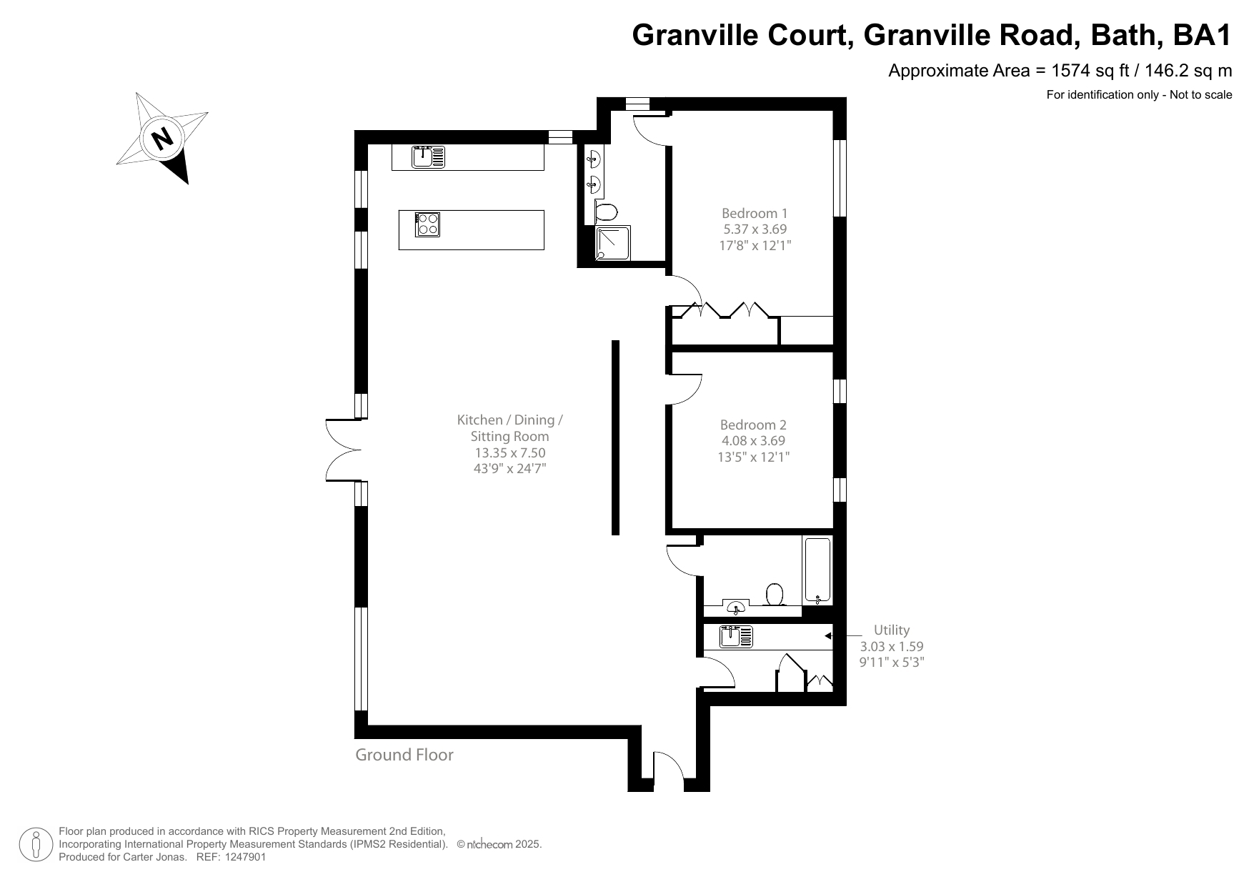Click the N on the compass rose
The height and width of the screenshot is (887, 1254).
pyautogui.click(x=164, y=137)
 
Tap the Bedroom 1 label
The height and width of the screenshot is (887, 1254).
pyautogui.click(x=754, y=213)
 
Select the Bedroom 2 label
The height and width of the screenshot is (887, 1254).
pyautogui.click(x=752, y=425)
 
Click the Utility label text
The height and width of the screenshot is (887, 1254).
pyautogui.click(x=891, y=630)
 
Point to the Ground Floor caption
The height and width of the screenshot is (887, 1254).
pyautogui.click(x=404, y=755)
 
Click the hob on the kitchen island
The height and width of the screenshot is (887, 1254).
pyautogui.click(x=428, y=224)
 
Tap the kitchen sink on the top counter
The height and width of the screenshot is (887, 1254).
pyautogui.click(x=428, y=157)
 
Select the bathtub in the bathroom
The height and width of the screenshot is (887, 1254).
pyautogui.click(x=817, y=570)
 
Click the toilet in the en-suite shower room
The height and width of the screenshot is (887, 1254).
pyautogui.click(x=607, y=212)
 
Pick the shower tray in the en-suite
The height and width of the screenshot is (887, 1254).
pyautogui.click(x=613, y=243)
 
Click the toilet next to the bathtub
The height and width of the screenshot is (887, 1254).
pyautogui.click(x=775, y=594)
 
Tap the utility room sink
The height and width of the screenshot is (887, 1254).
pyautogui.click(x=736, y=635)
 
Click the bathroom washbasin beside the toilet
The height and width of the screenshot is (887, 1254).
pyautogui.click(x=735, y=608)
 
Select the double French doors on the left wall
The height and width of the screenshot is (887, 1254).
pyautogui.click(x=344, y=450)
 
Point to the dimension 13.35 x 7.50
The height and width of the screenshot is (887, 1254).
pyautogui.click(x=509, y=452)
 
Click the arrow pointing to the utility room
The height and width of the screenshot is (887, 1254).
pyautogui.click(x=828, y=635)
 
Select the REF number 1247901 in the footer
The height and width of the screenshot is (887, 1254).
pyautogui.click(x=245, y=857)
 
